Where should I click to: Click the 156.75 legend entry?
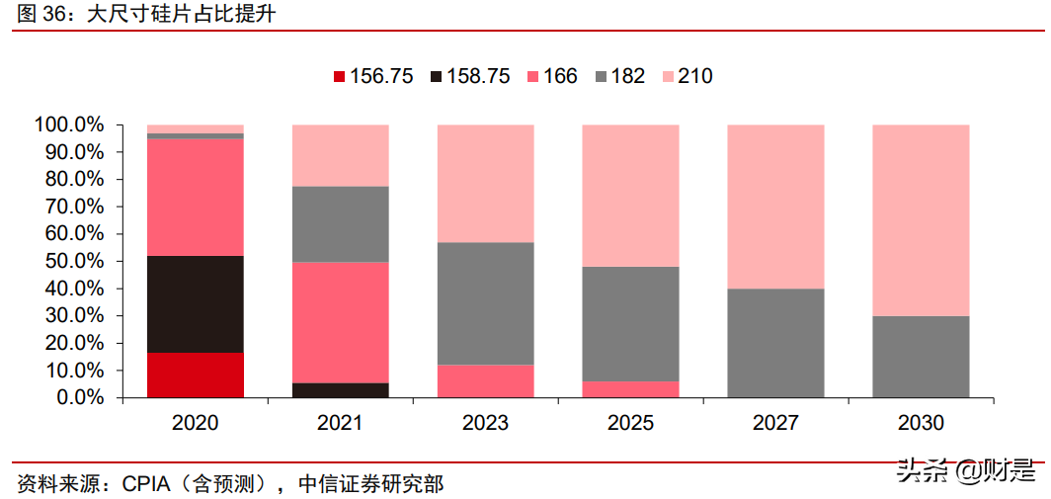tap(373, 76)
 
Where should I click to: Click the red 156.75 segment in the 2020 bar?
tap(196, 374)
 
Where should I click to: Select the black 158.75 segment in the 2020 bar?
tap(196, 304)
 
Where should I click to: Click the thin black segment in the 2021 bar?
tap(341, 389)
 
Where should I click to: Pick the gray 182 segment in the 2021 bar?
tap(341, 223)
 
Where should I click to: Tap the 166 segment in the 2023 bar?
tap(485, 380)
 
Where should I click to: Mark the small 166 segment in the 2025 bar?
tap(630, 388)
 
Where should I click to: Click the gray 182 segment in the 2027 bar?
tap(775, 342)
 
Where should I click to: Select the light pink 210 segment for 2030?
tap(921, 219)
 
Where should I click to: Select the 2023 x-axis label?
tap(485, 423)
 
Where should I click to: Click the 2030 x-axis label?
tap(921, 423)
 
